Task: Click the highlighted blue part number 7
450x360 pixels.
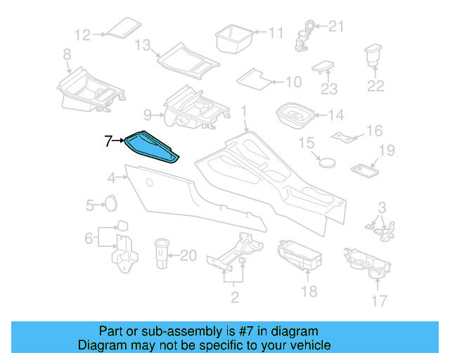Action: point(150,146)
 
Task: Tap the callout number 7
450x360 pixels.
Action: point(108,141)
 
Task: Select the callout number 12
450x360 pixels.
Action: point(83,34)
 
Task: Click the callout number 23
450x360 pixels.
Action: point(329,89)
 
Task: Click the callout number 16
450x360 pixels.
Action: point(374,131)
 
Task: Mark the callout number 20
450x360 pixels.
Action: point(188,255)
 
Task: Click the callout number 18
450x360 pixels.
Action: point(309,291)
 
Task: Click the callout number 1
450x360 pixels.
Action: point(244,112)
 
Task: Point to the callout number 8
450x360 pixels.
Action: point(67,54)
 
